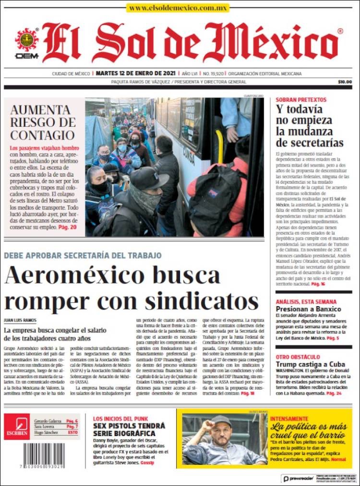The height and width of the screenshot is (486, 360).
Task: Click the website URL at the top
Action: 178,8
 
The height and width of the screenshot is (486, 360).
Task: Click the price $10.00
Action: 345,82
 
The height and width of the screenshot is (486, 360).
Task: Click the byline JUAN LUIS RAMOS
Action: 20,320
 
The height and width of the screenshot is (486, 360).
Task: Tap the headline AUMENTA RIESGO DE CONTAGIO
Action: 43,122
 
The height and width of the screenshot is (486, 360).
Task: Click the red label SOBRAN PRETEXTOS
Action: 301,100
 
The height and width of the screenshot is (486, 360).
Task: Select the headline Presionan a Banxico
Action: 308,309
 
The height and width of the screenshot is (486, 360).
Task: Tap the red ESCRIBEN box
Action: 16,426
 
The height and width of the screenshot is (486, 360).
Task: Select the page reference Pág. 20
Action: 67,227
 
